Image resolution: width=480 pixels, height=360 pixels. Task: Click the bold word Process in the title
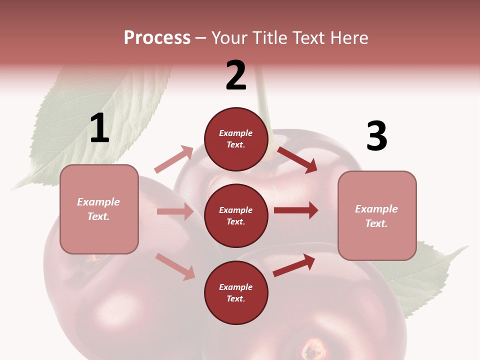coord(157,38)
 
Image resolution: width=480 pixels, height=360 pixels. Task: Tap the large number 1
coord(99,128)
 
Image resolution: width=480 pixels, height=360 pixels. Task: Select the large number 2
coord(236,75)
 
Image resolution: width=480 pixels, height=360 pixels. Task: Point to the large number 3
coord(376,136)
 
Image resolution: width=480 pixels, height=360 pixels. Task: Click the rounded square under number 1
coord(99,209)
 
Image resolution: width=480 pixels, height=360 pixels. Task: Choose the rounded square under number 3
coord(377,215)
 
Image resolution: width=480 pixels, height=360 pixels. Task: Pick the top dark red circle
coord(236,139)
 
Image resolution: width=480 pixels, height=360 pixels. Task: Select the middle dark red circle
coord(236,215)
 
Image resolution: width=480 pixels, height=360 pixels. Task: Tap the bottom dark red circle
coord(236,292)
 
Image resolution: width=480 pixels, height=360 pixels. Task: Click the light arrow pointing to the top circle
coord(173,159)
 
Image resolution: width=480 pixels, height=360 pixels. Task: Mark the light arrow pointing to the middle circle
coord(175,211)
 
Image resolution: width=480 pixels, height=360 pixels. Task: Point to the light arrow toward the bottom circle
coord(175,266)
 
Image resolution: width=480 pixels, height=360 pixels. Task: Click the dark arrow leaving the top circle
coord(297,159)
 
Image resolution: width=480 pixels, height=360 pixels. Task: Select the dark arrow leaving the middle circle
coord(295,210)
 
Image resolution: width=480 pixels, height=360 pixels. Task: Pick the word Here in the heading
coord(349,38)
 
